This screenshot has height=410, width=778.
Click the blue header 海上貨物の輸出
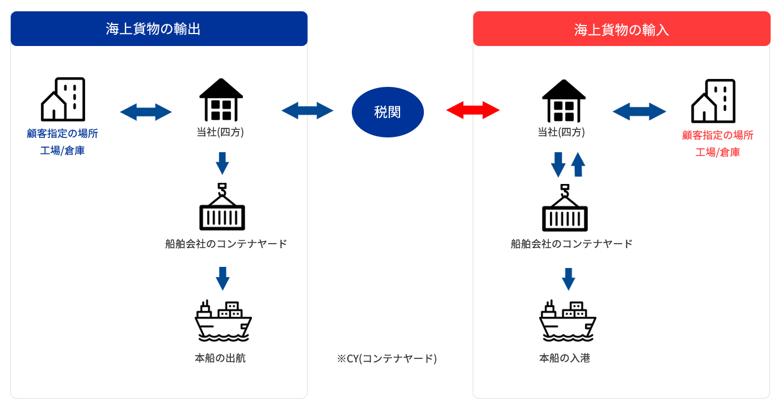159,28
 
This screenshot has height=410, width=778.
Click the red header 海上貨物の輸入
622,28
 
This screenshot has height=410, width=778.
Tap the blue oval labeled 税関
388,112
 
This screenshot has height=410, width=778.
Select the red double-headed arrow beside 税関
473,111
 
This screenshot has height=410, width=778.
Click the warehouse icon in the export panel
221,100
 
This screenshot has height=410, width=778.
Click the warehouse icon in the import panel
563,101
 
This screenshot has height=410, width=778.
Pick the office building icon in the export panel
63,99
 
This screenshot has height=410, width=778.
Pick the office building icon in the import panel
713,101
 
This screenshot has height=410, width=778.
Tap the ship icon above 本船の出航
223,320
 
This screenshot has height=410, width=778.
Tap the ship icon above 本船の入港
567,321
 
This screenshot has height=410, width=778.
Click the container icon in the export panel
222,207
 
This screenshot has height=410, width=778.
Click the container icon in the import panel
565,208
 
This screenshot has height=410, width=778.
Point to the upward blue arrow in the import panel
578,164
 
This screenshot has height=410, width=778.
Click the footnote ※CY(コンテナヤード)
387,358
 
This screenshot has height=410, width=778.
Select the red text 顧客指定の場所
718,135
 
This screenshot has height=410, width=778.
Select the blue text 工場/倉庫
62,150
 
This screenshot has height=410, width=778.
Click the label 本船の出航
220,358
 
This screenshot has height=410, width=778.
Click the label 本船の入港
565,358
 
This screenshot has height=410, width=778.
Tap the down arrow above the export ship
222,278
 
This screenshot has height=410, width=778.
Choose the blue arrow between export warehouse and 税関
308,111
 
